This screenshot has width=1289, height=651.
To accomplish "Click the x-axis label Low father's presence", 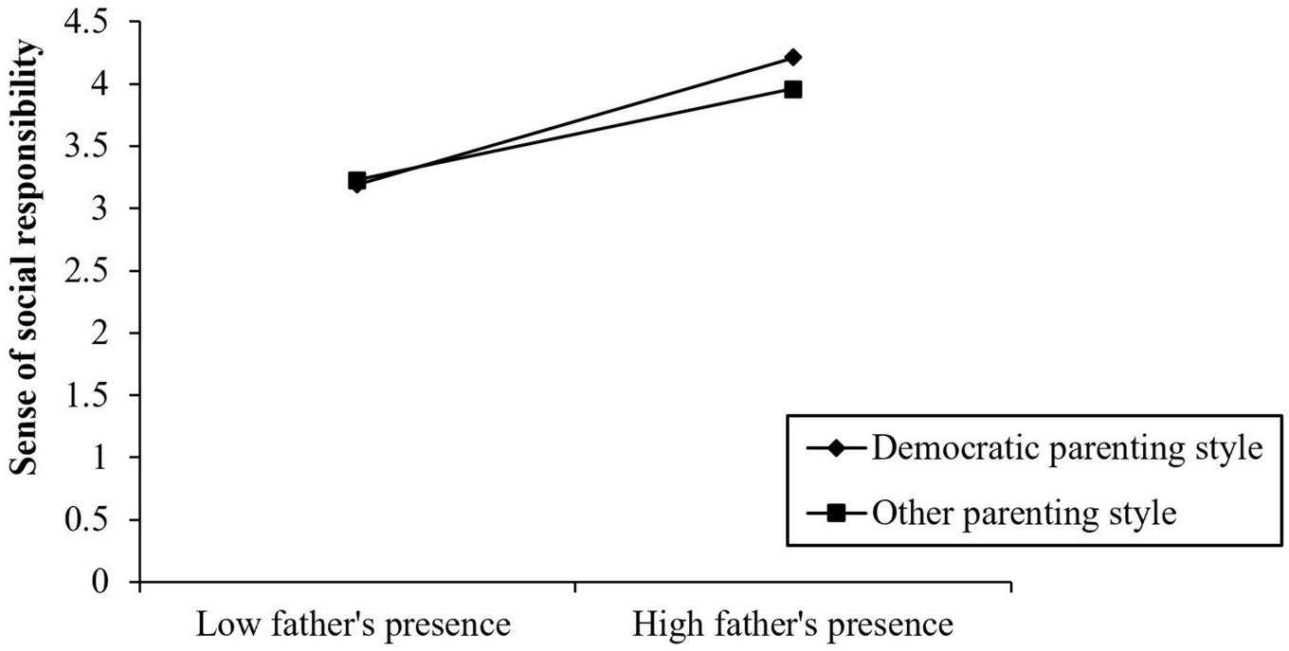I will [354, 624].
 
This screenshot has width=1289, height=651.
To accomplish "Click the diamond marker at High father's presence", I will [792, 58].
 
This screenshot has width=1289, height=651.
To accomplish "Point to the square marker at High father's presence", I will [792, 90].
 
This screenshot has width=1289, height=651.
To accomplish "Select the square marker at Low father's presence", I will [356, 179].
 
